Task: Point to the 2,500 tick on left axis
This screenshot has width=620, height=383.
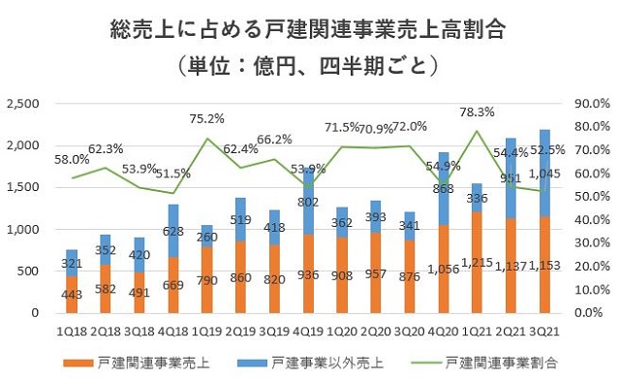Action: coord(24,104)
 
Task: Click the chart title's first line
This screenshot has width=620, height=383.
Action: coord(309,31)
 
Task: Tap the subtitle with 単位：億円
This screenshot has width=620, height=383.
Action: coord(309,67)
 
